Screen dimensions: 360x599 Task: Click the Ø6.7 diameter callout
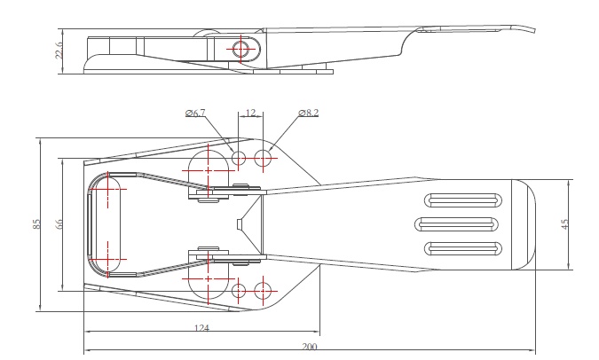click(196, 113)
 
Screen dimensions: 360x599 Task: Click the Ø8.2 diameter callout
click(308, 113)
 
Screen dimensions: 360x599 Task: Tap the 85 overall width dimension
click(37, 224)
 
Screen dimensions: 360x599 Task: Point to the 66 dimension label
click(59, 224)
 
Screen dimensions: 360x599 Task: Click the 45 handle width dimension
click(565, 224)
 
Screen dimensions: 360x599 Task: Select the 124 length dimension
click(201, 329)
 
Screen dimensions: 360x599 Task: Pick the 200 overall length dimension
click(309, 346)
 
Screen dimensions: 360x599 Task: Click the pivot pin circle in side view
click(241, 49)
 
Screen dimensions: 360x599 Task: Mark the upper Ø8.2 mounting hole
click(263, 158)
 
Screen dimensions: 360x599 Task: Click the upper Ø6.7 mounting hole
click(239, 158)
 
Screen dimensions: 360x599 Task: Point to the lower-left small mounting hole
click(238, 290)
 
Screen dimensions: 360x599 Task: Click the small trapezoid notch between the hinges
click(240, 224)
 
